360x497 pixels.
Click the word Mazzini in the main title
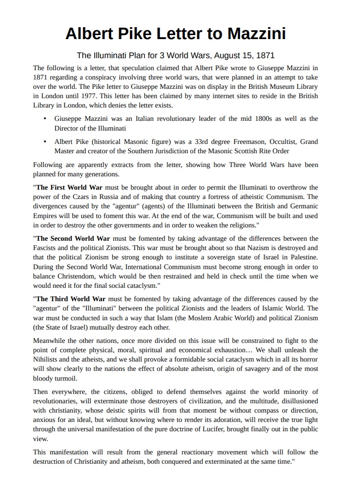pyautogui.click(x=256, y=34)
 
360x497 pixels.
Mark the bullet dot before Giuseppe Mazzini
pyautogui.click(x=45, y=119)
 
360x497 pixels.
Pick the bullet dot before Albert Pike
pyautogui.click(x=45, y=142)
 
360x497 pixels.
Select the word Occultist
pyautogui.click(x=274, y=142)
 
